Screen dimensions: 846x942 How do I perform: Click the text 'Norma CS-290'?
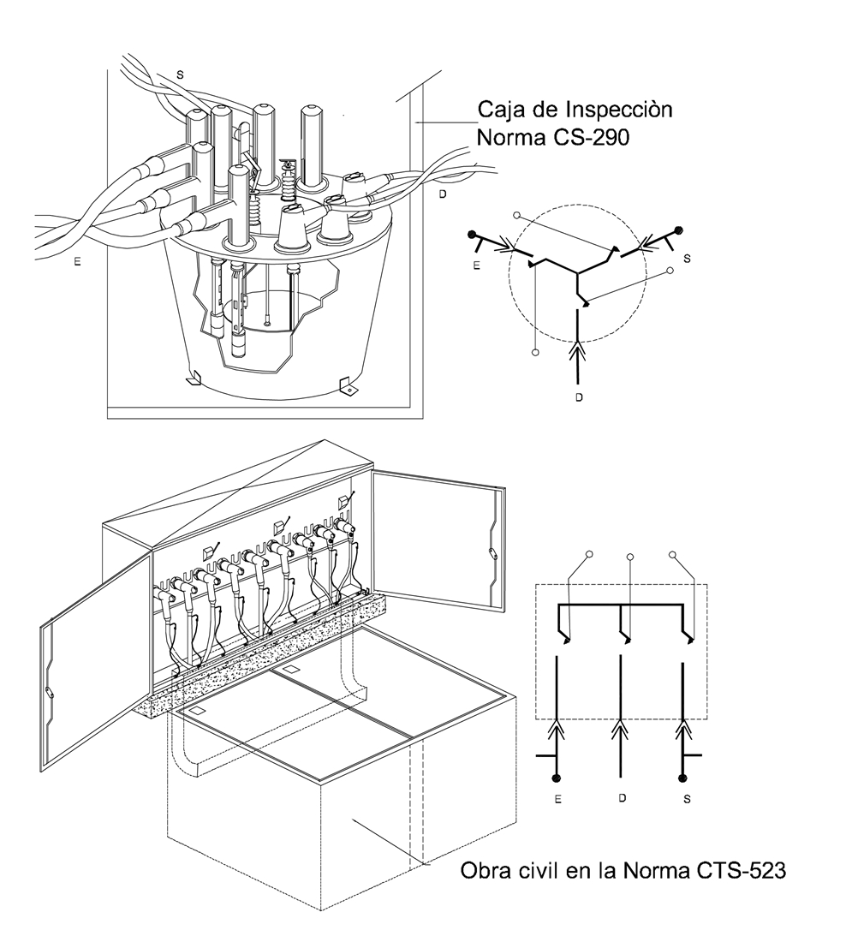click(553, 138)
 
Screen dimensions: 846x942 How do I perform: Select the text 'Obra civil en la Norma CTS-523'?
click(623, 870)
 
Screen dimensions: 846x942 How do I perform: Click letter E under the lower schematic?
click(557, 799)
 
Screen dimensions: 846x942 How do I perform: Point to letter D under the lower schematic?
click(623, 798)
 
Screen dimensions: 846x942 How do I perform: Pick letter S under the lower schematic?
click(687, 799)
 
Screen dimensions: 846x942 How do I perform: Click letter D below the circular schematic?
click(579, 397)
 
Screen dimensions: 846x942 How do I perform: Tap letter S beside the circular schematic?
click(687, 259)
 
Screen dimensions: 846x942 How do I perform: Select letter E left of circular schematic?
click(476, 265)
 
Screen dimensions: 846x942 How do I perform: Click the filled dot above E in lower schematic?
click(557, 778)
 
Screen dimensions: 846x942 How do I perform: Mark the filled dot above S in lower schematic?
click(682, 778)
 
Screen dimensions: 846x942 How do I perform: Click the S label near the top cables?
click(180, 75)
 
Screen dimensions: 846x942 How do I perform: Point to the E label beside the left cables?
click(78, 261)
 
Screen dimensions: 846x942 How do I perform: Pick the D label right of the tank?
click(443, 194)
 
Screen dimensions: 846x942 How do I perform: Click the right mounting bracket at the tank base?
click(348, 385)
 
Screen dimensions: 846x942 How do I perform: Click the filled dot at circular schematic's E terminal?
click(473, 234)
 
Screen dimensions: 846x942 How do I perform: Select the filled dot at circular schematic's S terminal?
click(680, 230)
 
